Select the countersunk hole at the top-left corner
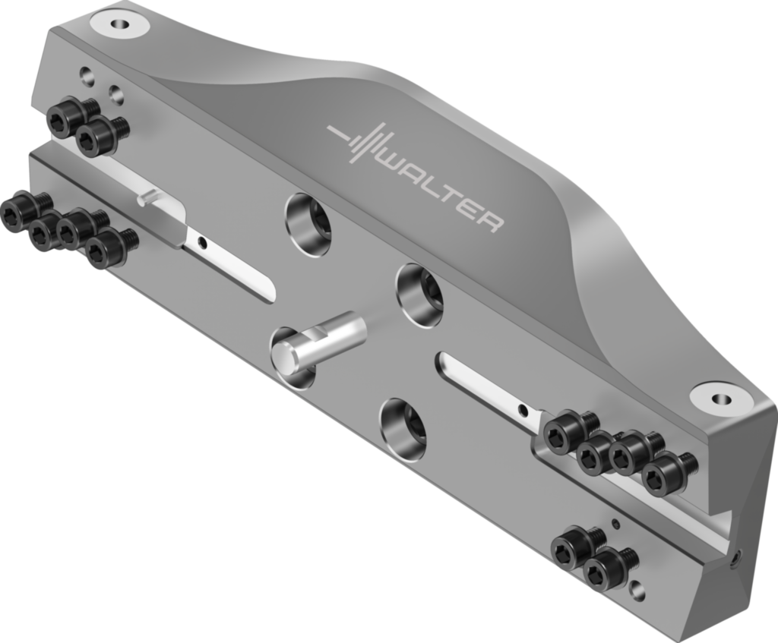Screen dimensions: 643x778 [119, 24]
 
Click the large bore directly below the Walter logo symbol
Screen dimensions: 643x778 [308, 223]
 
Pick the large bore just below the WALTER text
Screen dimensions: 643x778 [420, 294]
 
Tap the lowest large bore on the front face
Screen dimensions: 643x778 [403, 427]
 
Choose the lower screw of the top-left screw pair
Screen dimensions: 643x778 [96, 137]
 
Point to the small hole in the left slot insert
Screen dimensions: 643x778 [201, 244]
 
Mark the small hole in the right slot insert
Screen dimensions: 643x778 [523, 410]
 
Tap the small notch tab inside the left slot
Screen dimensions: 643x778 [147, 198]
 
